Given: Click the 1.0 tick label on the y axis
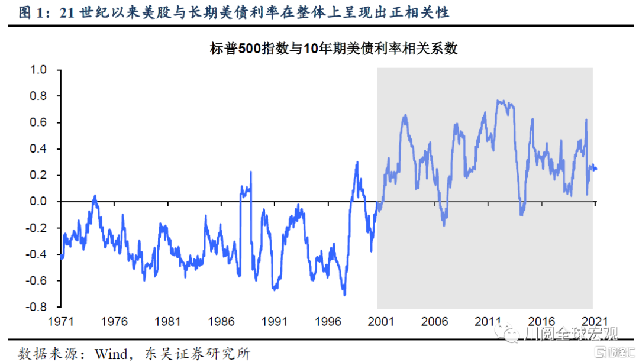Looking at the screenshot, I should [x=38, y=70].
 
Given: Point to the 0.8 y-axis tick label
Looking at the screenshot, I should [x=38, y=96].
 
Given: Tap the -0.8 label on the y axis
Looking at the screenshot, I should [x=37, y=307].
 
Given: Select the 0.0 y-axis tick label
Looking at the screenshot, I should [x=38, y=202].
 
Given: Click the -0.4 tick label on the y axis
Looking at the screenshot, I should [x=37, y=254].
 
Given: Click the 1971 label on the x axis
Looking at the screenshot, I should [x=61, y=322].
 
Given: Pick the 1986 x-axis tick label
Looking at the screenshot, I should [x=221, y=322].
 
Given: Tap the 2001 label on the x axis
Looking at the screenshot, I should [x=381, y=322].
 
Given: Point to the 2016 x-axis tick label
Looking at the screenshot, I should [x=541, y=322].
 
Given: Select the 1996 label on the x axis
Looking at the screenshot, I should [x=328, y=322].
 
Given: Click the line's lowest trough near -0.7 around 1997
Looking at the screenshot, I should [x=344, y=294].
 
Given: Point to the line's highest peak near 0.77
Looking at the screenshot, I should [x=499, y=101].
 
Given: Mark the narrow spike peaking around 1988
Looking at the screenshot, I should [x=251, y=172].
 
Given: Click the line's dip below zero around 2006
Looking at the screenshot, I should [x=444, y=225].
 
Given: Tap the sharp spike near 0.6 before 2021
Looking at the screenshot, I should [x=586, y=120].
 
